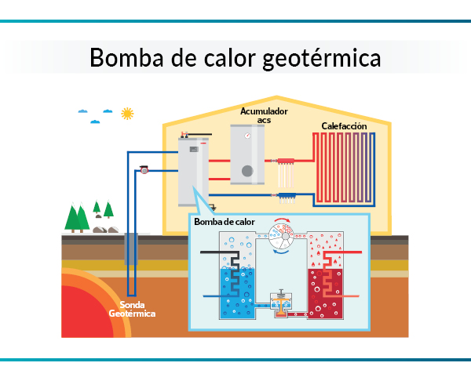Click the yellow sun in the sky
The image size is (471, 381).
click(x=126, y=113)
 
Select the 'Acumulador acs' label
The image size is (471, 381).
click(x=264, y=116)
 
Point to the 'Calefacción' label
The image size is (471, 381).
click(x=345, y=126)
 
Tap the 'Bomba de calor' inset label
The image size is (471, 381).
click(x=225, y=222)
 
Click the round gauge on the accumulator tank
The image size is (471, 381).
click(x=247, y=135)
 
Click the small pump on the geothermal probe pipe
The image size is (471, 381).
click(x=144, y=169)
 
